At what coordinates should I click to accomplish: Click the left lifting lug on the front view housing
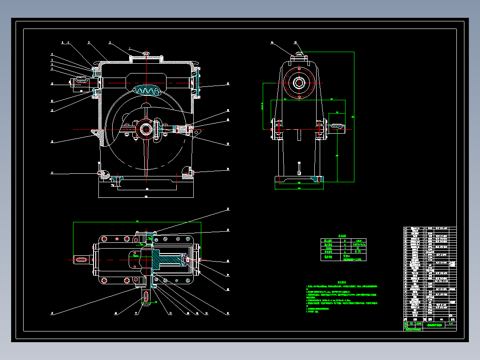click(94, 132)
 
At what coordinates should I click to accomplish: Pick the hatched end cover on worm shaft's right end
click(196, 83)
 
